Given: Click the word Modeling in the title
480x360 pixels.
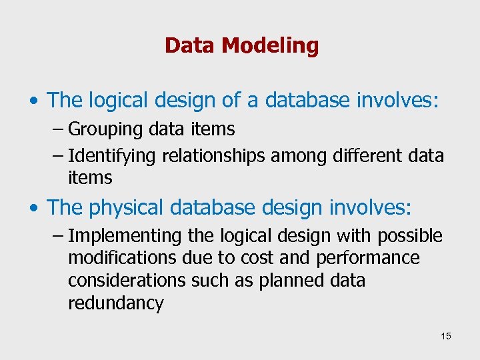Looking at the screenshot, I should (x=270, y=46).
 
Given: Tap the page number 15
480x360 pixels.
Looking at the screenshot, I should (x=445, y=336).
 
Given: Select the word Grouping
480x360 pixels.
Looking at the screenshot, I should (x=100, y=129).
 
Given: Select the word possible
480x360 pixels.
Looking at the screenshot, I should (x=409, y=236).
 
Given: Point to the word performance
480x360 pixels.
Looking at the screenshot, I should (x=368, y=258).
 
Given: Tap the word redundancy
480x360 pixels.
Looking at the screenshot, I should (x=115, y=303).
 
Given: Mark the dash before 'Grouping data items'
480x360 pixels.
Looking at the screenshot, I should (x=57, y=129).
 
